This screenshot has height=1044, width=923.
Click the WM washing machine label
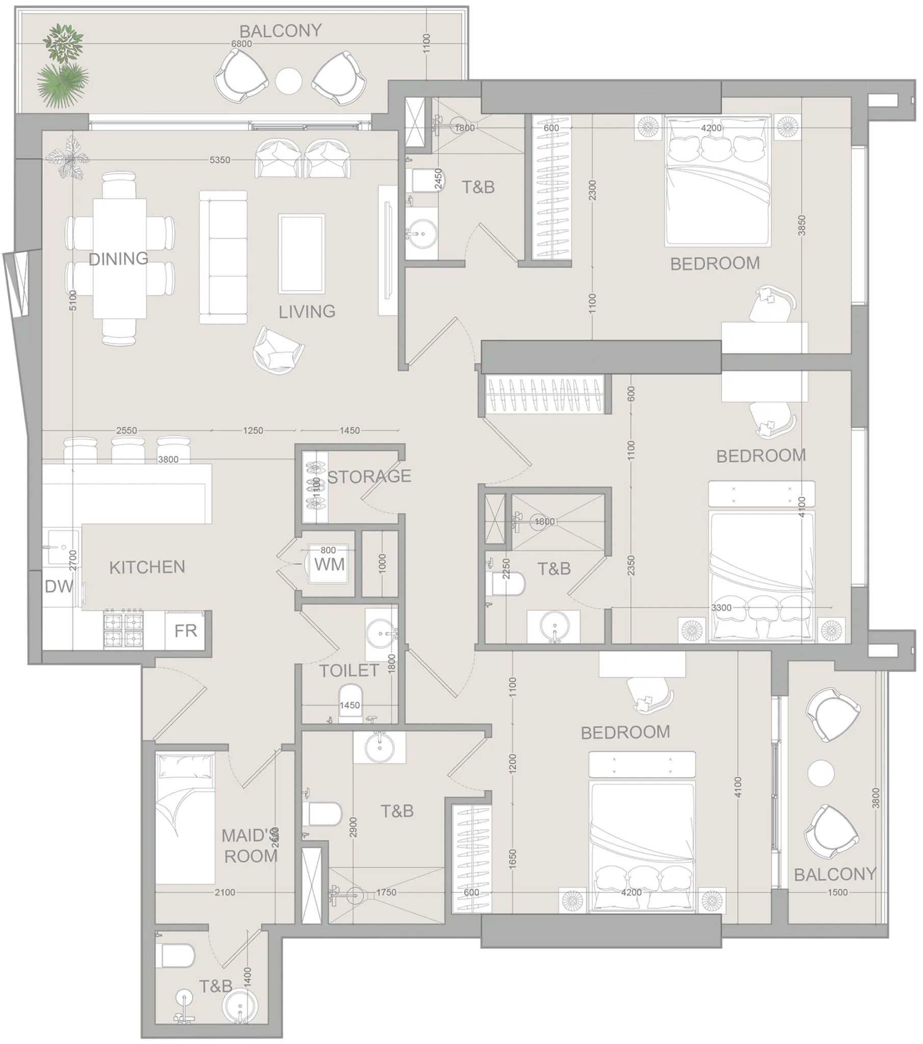pos(329,564)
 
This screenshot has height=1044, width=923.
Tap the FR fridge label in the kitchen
pos(185,631)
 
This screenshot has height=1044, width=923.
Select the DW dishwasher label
pos(59,586)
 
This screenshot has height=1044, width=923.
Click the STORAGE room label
pos(369,476)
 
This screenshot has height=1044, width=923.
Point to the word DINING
pos(118,259)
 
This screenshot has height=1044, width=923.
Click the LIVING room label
pos(307,312)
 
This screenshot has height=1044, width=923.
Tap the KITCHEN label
pos(147,567)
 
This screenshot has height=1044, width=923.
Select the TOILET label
pos(349,670)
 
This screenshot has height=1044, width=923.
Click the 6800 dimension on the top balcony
pos(242,44)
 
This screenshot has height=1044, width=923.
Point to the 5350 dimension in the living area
pos(219,160)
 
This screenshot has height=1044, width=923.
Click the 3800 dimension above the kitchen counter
pos(168,459)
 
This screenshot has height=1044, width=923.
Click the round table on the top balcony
pos(289,80)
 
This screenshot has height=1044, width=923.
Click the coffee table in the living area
pos(301,254)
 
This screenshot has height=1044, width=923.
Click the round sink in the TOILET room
pos(381,634)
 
